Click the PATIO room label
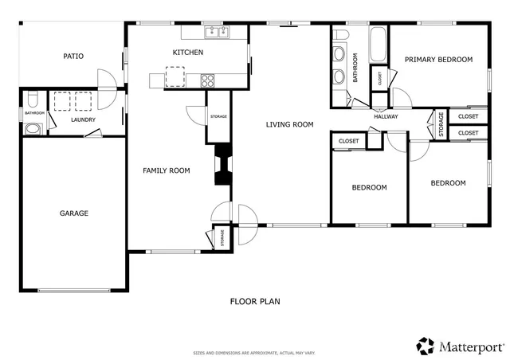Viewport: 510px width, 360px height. click(x=74, y=56)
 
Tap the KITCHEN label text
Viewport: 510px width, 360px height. click(x=188, y=53)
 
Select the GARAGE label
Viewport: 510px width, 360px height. click(x=73, y=213)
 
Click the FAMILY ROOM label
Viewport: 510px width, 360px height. click(x=166, y=170)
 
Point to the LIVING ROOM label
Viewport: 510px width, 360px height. click(x=289, y=124)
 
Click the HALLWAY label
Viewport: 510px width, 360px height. click(x=386, y=117)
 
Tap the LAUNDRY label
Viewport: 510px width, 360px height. click(x=83, y=120)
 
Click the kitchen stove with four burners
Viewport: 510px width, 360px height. click(x=207, y=80)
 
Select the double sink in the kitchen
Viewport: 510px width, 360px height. click(x=216, y=33)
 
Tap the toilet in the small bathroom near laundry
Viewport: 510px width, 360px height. click(x=32, y=100)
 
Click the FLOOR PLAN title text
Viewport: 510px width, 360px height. click(x=255, y=302)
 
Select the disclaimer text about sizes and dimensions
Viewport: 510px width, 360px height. click(x=255, y=353)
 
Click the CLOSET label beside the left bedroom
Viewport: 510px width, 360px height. click(x=348, y=141)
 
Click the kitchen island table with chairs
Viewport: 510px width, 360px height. click(x=174, y=77)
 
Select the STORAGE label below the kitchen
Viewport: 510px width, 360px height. click(x=218, y=117)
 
